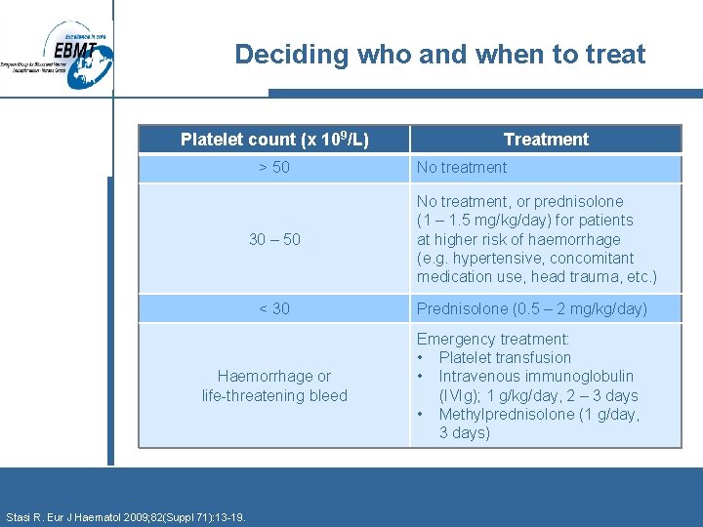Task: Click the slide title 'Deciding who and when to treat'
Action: click(440, 55)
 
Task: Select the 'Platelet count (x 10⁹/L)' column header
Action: click(274, 140)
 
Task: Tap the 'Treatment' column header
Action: click(546, 140)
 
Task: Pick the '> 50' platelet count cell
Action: click(274, 168)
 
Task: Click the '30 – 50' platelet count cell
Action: click(274, 239)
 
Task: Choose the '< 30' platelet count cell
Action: click(274, 308)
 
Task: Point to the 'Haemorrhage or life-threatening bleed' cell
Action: click(274, 385)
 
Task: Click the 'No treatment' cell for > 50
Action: click(462, 168)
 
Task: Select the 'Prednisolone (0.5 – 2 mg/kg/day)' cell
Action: click(532, 308)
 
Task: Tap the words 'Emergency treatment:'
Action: click(493, 339)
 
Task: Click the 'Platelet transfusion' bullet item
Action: click(505, 357)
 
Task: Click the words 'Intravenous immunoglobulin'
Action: click(536, 376)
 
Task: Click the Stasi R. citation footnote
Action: click(126, 516)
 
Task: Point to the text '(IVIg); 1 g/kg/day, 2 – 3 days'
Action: click(538, 395)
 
